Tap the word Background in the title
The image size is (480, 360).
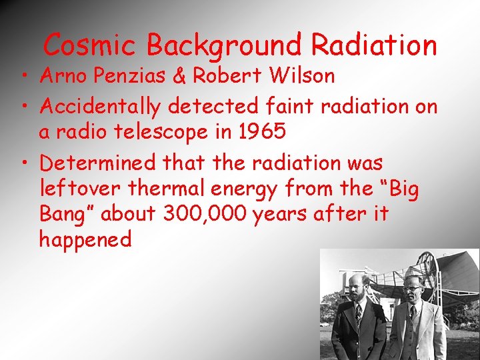(224, 45)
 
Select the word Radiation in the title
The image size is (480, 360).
(373, 45)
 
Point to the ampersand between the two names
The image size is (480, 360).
(179, 76)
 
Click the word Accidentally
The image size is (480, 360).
(101, 105)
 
